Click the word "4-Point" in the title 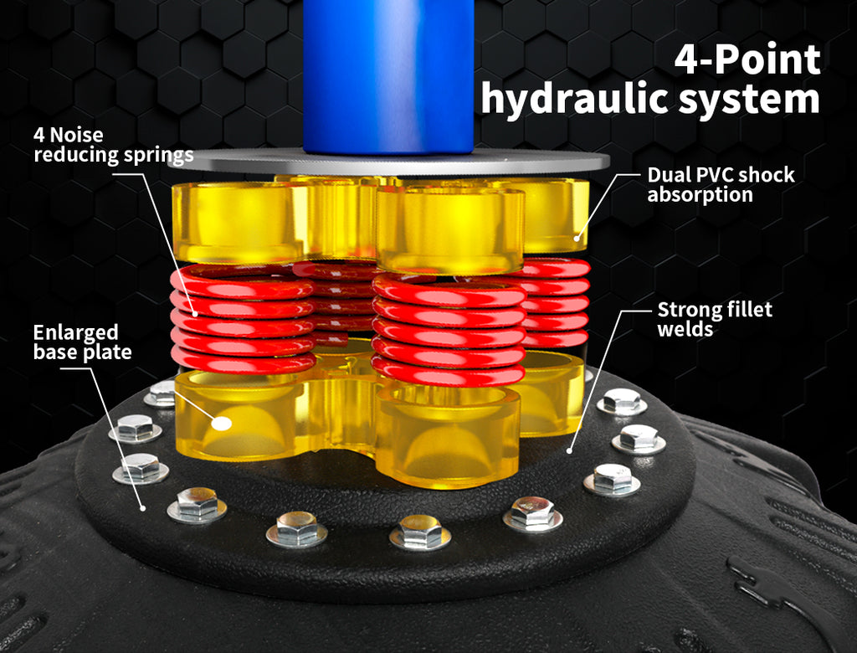click(747, 59)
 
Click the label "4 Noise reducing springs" click(113, 146)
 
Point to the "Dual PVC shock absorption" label click(721, 185)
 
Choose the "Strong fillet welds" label click(715, 320)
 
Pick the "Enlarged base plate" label click(82, 342)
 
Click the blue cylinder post click(388, 76)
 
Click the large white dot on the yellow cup click(222, 424)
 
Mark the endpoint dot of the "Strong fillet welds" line click(569, 451)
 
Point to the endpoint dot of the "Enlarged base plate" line click(143, 508)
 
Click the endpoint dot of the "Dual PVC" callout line click(577, 238)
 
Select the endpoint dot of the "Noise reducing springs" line click(194, 313)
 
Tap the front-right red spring click(449, 330)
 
